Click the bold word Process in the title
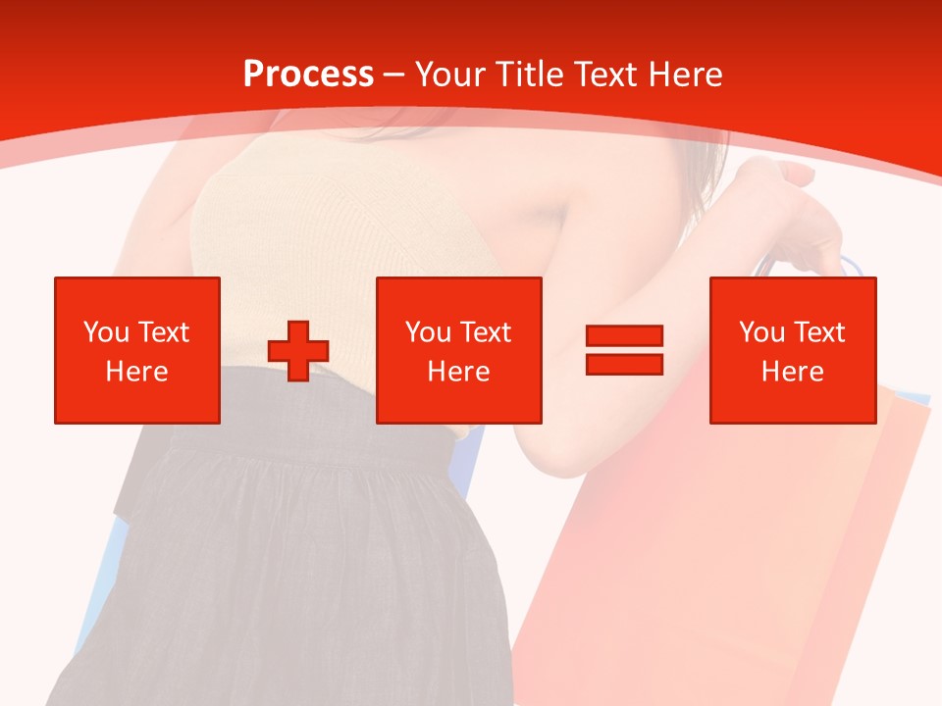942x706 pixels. (x=308, y=75)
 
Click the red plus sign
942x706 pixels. (x=298, y=351)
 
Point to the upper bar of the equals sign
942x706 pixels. (x=624, y=336)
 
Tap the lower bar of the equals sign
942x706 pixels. (x=624, y=364)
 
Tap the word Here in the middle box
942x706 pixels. (x=459, y=372)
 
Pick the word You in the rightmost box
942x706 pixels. (x=761, y=332)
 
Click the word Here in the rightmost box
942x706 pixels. (x=793, y=372)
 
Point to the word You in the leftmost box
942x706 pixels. (x=105, y=332)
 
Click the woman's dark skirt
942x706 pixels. (x=294, y=569)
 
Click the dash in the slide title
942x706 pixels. (x=393, y=76)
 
